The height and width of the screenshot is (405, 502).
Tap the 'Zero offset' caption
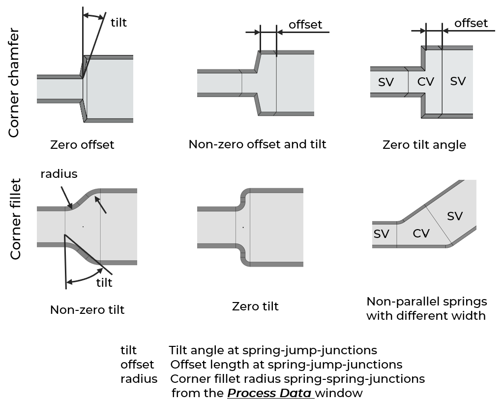(x=82, y=145)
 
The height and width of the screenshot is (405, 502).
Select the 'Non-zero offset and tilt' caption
(x=257, y=144)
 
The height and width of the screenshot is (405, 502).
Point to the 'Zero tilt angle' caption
(x=424, y=145)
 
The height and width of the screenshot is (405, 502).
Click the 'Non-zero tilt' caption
(x=87, y=309)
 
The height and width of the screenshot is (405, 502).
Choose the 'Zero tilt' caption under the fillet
(x=255, y=306)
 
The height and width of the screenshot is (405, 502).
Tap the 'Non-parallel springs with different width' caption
(x=426, y=308)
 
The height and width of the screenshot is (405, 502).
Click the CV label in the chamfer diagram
(x=426, y=81)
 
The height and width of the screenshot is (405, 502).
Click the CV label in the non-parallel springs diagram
(x=421, y=233)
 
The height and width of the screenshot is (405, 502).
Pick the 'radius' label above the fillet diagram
(x=59, y=173)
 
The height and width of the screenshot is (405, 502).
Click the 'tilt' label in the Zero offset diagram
(x=118, y=23)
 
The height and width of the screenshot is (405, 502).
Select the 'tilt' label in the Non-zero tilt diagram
(x=104, y=282)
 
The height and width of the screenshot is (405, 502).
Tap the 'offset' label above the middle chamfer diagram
(x=305, y=25)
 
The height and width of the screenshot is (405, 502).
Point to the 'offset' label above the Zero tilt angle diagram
(x=471, y=23)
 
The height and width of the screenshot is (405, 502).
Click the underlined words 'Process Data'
(x=269, y=393)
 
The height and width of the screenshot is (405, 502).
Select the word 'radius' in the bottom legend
(x=139, y=379)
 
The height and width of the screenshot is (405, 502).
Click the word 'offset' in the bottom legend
(x=137, y=365)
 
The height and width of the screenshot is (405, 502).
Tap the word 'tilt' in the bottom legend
(x=129, y=350)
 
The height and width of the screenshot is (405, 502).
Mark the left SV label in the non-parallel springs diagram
(x=381, y=234)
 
